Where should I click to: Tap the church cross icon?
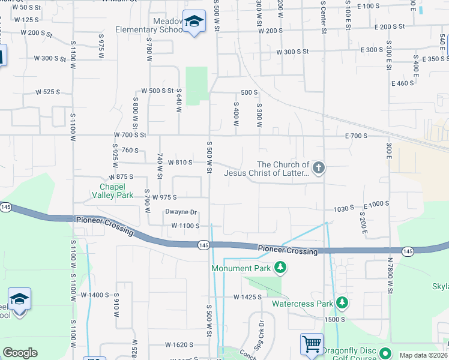(x=319, y=167)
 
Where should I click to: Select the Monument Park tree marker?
(x=279, y=267)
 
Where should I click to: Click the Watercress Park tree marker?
(x=342, y=302)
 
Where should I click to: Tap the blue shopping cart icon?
(x=312, y=344)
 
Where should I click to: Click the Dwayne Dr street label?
(x=181, y=212)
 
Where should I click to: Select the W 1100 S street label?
(x=185, y=226)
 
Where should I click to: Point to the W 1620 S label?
(x=179, y=345)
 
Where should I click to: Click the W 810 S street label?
(x=178, y=162)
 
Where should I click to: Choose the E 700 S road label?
(x=355, y=136)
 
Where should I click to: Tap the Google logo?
(x=20, y=353)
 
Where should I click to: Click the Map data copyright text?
(x=422, y=355)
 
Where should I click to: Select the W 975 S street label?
(x=166, y=197)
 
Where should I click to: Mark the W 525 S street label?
(x=48, y=92)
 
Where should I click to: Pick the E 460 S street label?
(x=402, y=83)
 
